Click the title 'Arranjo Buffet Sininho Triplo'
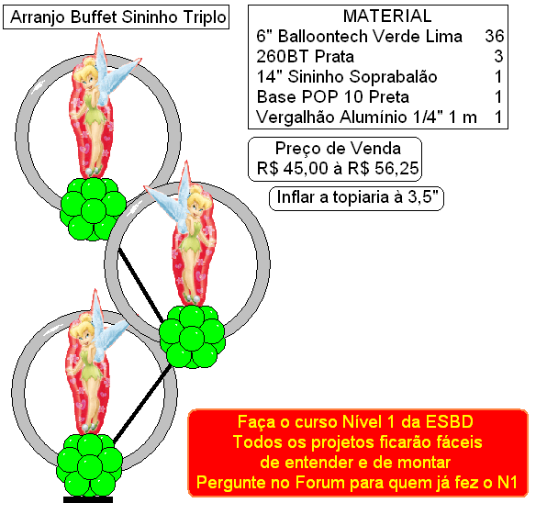118,17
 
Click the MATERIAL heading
387,16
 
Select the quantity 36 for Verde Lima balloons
495,36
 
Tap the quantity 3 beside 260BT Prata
498,56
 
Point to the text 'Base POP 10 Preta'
333,96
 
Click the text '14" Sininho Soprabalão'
347,76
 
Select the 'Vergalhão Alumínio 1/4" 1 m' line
366,117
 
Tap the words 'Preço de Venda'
338,149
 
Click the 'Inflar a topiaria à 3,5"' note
357,197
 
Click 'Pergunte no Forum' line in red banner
356,483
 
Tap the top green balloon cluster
93,208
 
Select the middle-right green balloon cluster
192,336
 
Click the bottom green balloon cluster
89,464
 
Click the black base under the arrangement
88,499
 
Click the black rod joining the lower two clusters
142,404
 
